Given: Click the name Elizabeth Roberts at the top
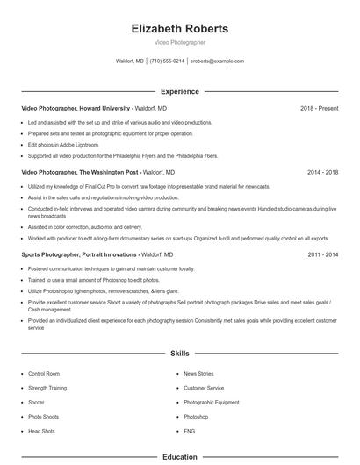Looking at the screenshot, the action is point(179,28).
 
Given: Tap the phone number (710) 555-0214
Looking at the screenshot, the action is point(167,61).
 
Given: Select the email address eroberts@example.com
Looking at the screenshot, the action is point(217,61).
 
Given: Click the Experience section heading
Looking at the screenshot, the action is point(179,91).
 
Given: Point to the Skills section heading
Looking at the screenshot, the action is point(179,354).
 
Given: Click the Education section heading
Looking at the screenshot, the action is point(179,456).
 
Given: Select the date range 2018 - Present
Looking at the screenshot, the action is point(319,108).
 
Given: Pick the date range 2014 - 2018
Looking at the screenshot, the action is point(322,173).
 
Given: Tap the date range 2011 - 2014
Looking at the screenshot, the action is point(322,254).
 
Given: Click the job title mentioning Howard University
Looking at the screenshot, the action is point(76,108).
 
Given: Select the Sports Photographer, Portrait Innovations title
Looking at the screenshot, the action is point(77,254).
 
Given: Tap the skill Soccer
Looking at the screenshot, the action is point(37,402).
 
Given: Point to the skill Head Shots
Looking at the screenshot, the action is point(41,431).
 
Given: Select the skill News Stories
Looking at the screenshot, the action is point(198,373).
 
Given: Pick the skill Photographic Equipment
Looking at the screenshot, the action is point(211,402).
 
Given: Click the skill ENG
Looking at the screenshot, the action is point(190,431).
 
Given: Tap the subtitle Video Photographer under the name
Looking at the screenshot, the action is point(179,42).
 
